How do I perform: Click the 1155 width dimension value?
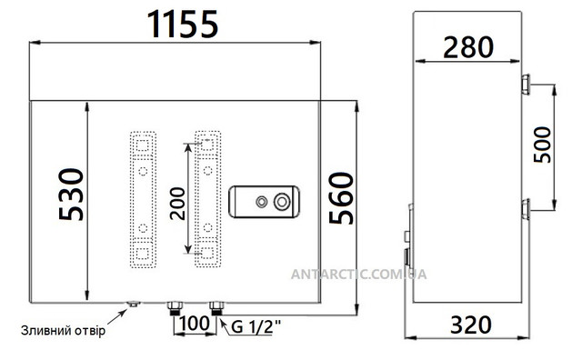pos(183,25)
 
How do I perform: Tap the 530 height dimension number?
pos(71,195)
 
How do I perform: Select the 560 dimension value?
pos(341,198)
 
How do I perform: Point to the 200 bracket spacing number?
pos(177,204)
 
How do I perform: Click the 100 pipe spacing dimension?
pos(195,323)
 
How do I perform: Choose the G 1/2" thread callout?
pos(256,327)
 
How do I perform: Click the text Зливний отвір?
pos(63,330)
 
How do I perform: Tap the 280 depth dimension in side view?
pos(468,47)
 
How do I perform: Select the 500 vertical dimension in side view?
pos(542,145)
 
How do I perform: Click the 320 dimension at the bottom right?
pos(471,325)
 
